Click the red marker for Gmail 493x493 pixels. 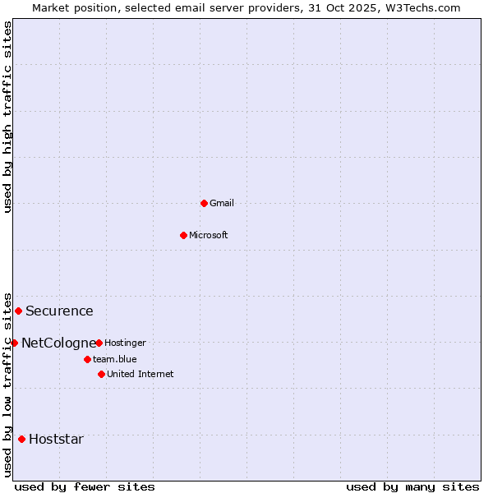pyautogui.click(x=204, y=203)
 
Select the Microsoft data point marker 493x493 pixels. pyautogui.click(x=184, y=235)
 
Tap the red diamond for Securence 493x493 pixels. pyautogui.click(x=18, y=311)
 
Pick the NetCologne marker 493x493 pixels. pyautogui.click(x=14, y=343)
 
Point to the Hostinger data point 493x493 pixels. pyautogui.click(x=99, y=343)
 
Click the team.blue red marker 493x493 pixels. pyautogui.click(x=87, y=359)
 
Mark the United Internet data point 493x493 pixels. pyautogui.click(x=101, y=374)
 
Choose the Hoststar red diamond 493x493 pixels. pyautogui.click(x=21, y=439)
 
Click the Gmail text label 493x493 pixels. pyautogui.click(x=222, y=203)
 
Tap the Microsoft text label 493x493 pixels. pyautogui.click(x=209, y=235)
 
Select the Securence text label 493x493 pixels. pyautogui.click(x=59, y=311)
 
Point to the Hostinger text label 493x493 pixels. pyautogui.click(x=125, y=343)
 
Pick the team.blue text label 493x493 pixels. pyautogui.click(x=115, y=359)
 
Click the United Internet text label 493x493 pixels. pyautogui.click(x=141, y=374)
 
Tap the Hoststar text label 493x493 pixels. pyautogui.click(x=56, y=439)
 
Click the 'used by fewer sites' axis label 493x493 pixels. pyautogui.click(x=85, y=486)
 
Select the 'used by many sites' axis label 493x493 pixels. pyautogui.click(x=412, y=486)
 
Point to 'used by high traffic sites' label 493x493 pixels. pyautogui.click(x=7, y=117)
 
